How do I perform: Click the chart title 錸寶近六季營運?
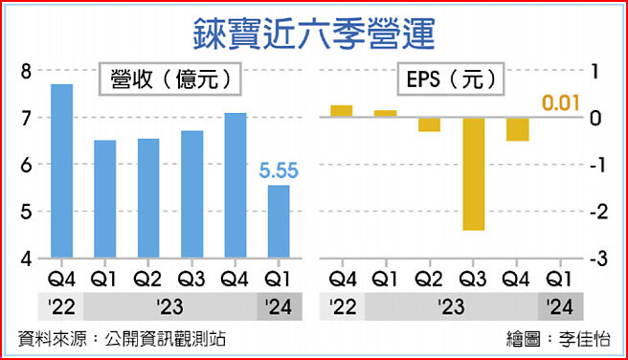[313, 31]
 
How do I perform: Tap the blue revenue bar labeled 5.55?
[279, 221]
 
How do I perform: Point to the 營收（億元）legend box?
[167, 80]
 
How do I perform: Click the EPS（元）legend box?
[449, 80]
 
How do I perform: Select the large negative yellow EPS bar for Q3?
[473, 173]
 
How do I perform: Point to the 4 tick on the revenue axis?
[26, 259]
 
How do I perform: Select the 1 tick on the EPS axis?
[596, 71]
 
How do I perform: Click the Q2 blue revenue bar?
[148, 198]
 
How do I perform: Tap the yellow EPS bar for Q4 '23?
[518, 129]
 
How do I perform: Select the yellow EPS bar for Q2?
[429, 124]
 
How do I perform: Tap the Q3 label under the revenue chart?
[191, 280]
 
